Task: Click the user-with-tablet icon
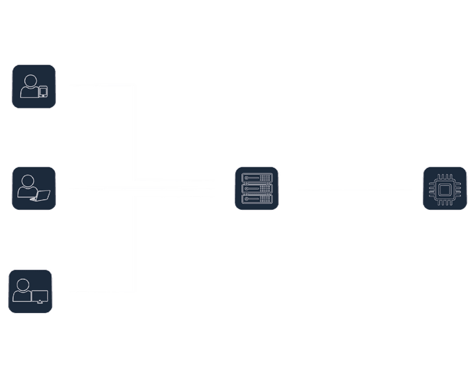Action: pyautogui.click(x=34, y=86)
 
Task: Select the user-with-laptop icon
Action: pyautogui.click(x=34, y=188)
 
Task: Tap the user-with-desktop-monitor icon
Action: pyautogui.click(x=30, y=291)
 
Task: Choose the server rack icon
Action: pyautogui.click(x=256, y=188)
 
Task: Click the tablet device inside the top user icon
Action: pyautogui.click(x=43, y=91)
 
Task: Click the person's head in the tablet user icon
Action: pyautogui.click(x=29, y=80)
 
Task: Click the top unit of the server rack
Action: pyautogui.click(x=256, y=178)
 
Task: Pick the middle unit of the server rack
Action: pyautogui.click(x=256, y=188)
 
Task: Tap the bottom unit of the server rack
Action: pyautogui.click(x=256, y=198)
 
